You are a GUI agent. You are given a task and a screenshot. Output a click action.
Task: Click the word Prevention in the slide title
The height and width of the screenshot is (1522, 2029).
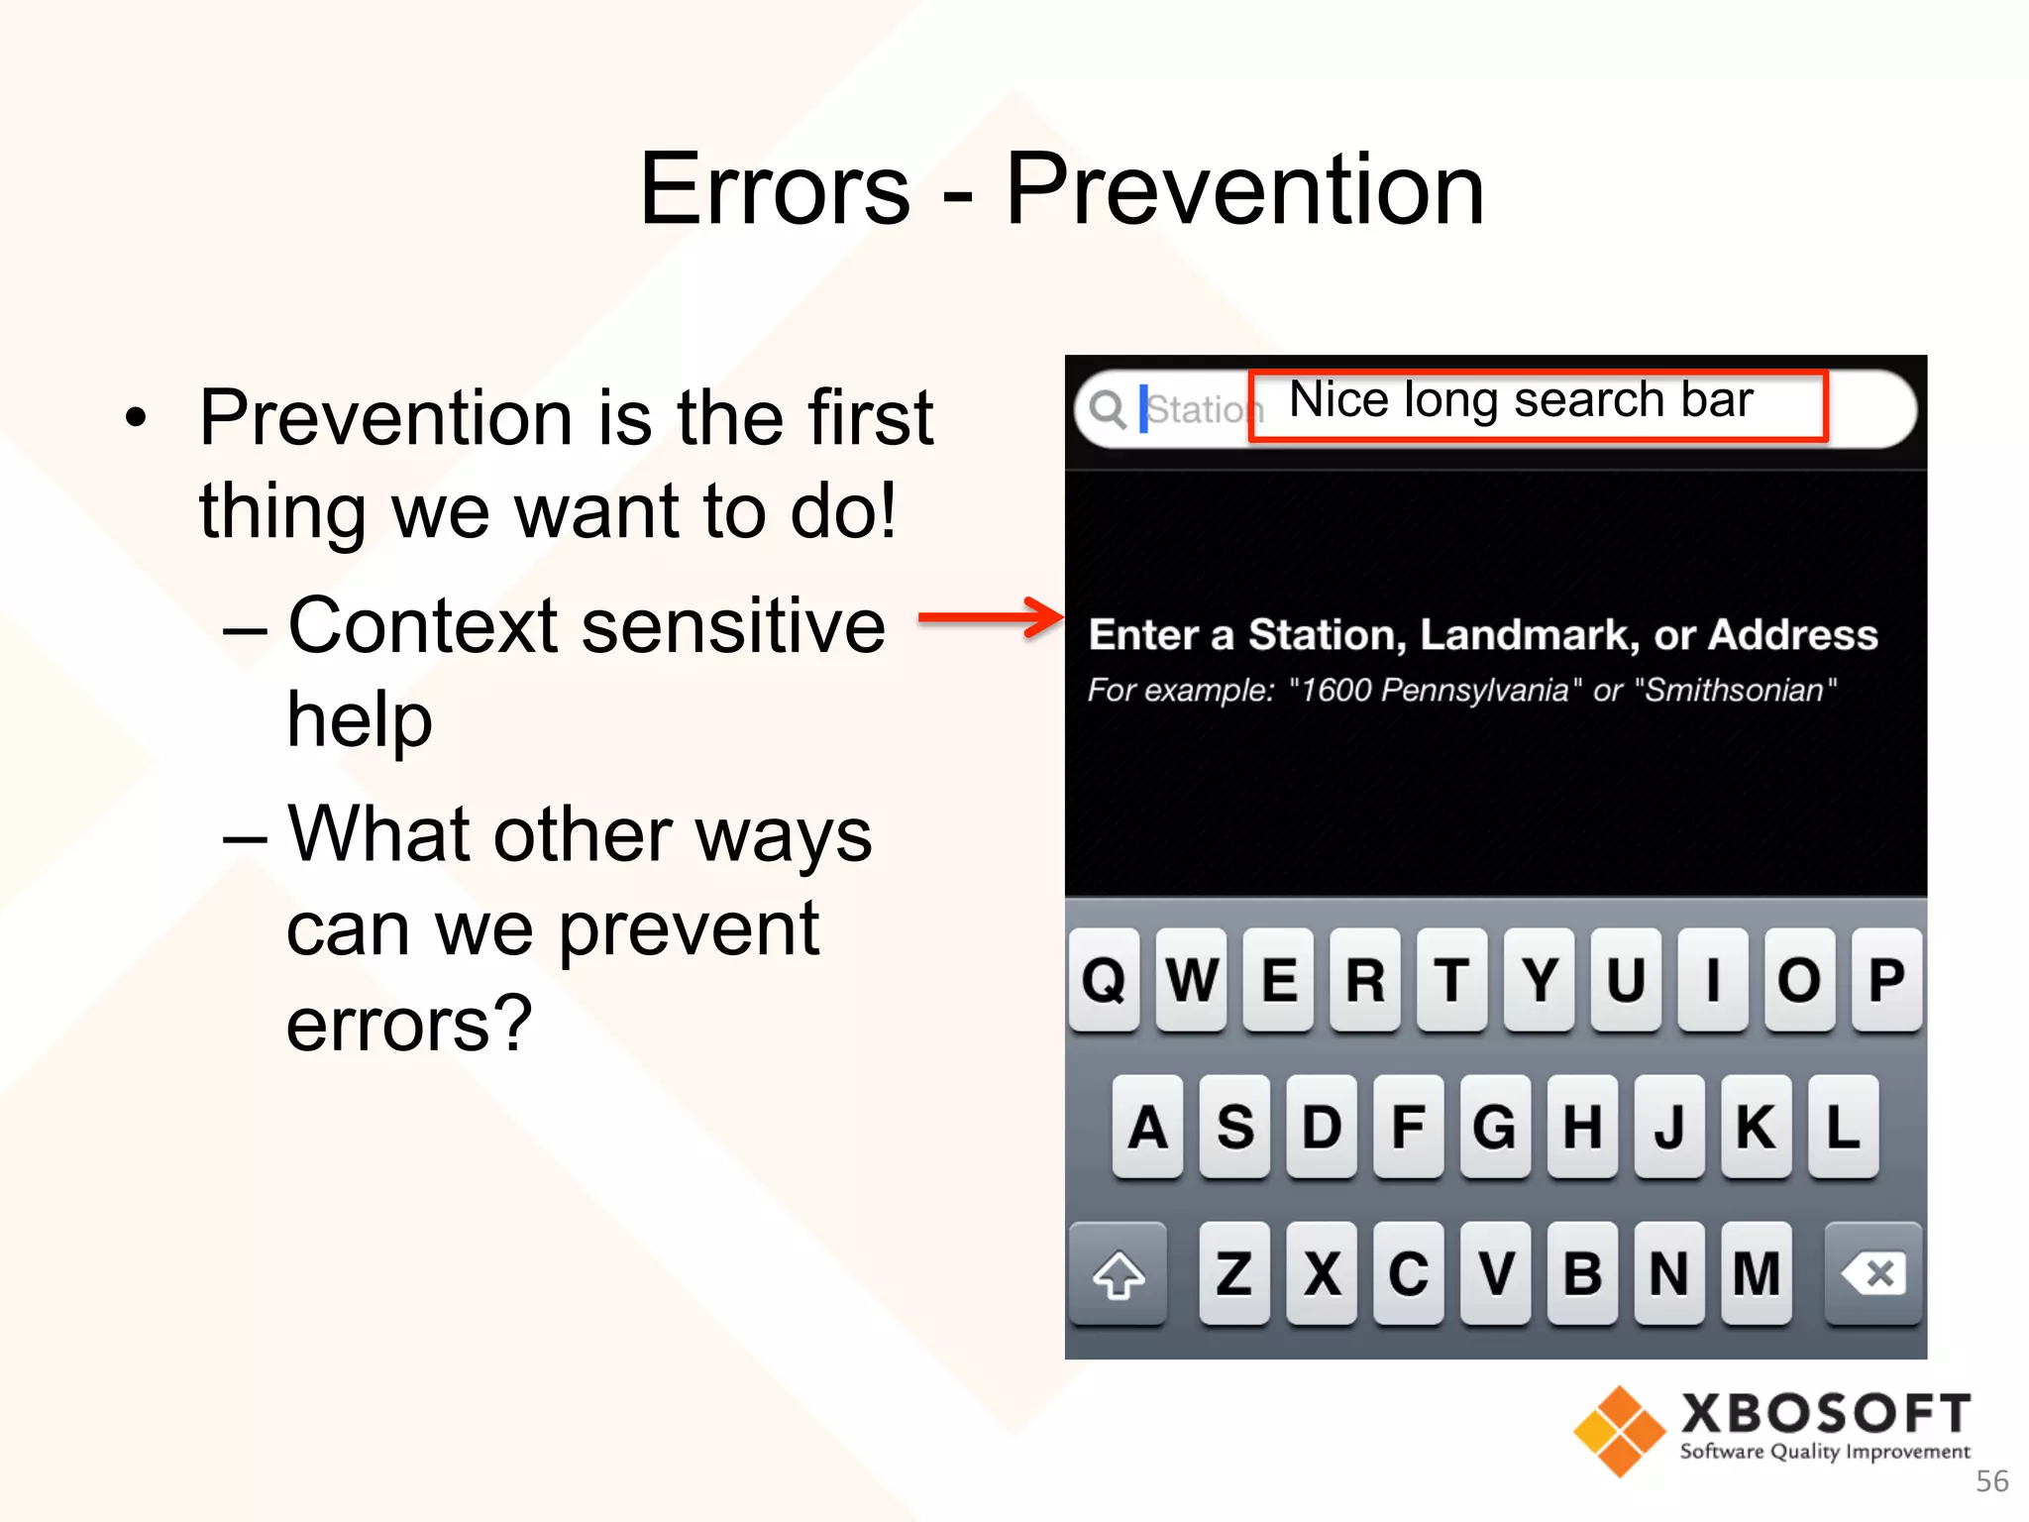pos(1244,189)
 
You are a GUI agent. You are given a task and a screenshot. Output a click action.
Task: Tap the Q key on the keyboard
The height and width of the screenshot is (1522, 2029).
pos(1104,980)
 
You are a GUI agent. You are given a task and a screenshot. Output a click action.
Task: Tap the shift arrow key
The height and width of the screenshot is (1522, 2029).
pos(1119,1274)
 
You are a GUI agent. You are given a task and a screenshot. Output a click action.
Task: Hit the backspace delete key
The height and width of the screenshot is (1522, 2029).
pos(1872,1274)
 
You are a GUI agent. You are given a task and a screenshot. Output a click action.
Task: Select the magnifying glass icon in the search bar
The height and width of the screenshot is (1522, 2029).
pos(1108,409)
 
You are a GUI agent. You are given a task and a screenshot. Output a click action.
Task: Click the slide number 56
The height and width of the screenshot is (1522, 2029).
pos(1991,1481)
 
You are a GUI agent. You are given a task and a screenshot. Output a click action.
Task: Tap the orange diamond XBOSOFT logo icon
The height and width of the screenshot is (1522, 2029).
pos(1619,1431)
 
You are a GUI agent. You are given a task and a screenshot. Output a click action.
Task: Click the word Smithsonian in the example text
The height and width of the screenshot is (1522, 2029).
pos(1734,690)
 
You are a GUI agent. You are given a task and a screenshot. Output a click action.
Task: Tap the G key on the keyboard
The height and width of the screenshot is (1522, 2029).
pos(1495,1127)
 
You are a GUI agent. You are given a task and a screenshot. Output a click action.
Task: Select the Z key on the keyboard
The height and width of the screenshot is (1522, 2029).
pos(1233,1274)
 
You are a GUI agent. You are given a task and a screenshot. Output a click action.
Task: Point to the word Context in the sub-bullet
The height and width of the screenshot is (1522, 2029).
pos(423,626)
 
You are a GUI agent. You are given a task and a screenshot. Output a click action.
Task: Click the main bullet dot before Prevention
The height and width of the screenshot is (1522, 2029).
pos(136,418)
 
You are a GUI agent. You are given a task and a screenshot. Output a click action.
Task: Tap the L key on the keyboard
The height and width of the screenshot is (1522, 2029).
pos(1842,1127)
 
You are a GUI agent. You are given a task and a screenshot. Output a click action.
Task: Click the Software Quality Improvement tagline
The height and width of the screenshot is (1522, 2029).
pos(1824,1452)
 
